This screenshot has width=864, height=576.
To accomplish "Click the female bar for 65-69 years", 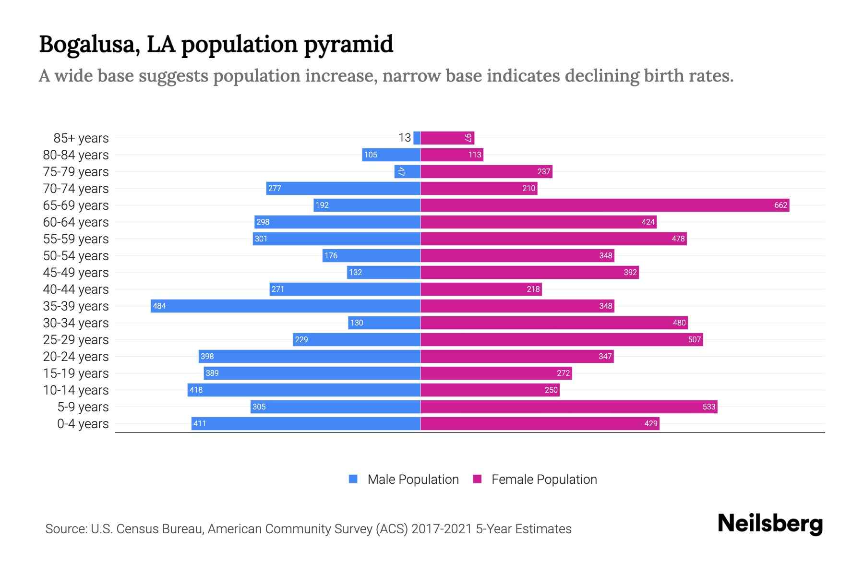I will tap(605, 205).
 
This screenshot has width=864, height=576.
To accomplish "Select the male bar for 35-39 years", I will tap(286, 306).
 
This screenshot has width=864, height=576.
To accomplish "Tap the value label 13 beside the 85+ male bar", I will tap(405, 138).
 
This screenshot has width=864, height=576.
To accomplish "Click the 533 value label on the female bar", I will tap(708, 407).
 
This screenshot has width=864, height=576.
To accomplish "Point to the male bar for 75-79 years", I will tap(408, 172).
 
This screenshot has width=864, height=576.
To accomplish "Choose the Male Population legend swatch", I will tap(353, 479).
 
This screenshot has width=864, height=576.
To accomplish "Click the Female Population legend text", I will tap(544, 480).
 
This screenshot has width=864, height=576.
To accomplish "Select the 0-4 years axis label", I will tap(83, 424).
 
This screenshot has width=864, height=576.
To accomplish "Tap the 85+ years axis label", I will tap(81, 138).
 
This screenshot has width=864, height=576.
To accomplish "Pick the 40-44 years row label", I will tap(76, 289).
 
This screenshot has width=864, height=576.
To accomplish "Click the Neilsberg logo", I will tap(770, 524).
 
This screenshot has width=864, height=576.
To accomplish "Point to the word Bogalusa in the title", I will tap(89, 45).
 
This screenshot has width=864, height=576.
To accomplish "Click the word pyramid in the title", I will tap(348, 45).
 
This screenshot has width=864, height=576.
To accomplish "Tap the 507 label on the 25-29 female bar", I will tap(694, 340).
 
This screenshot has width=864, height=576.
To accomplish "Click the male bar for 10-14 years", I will tap(304, 390).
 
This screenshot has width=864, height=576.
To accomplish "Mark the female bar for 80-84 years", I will tap(452, 155).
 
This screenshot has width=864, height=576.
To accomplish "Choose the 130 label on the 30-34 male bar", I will tap(357, 323).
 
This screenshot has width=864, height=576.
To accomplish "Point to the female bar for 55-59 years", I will tap(553, 239).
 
